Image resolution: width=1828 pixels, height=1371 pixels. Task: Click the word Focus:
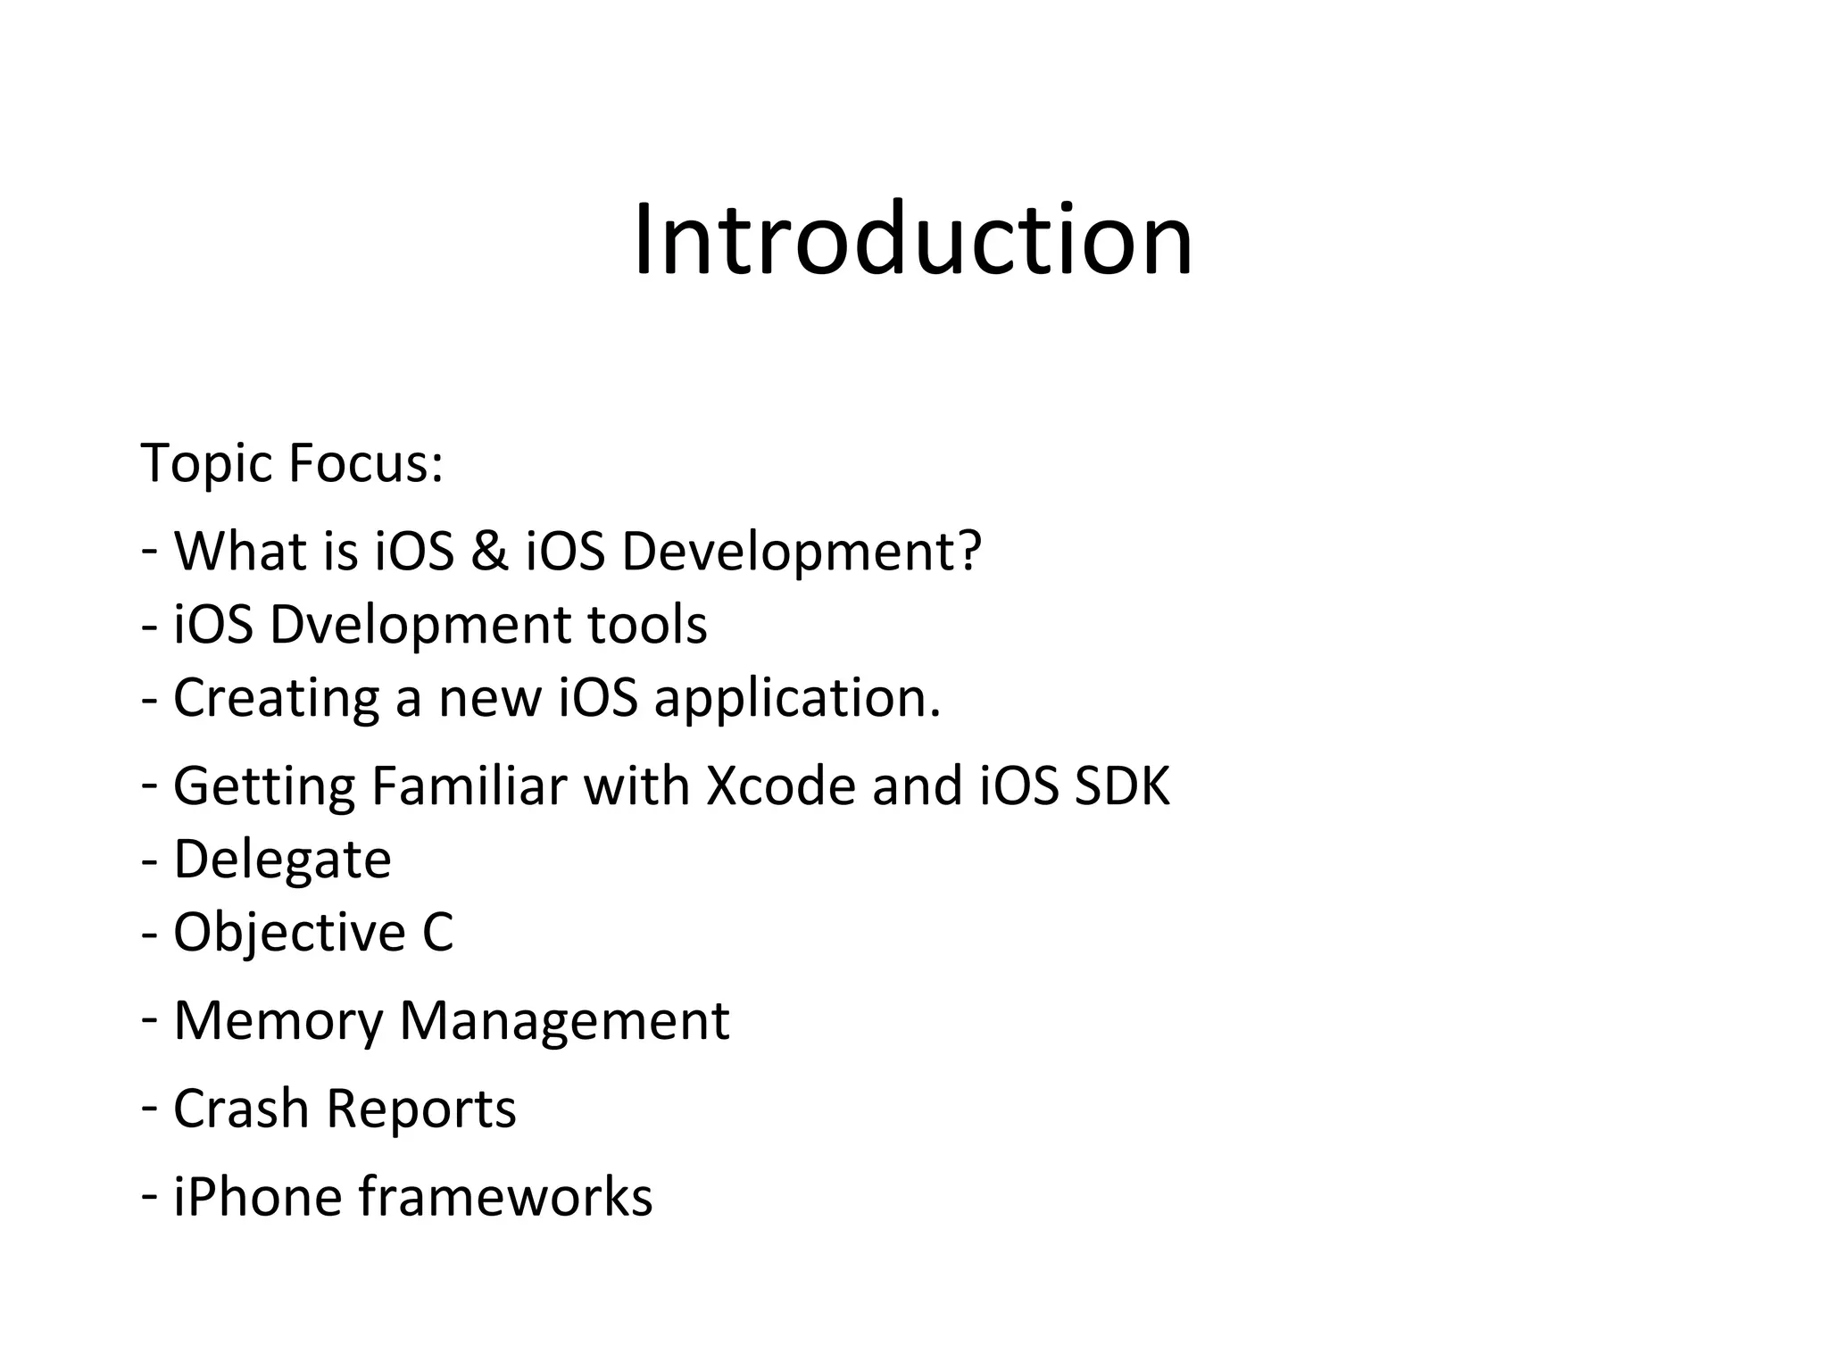[x=366, y=463]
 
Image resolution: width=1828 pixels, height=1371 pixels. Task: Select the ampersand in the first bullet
[x=489, y=551]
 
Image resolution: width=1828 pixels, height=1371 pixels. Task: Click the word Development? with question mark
[x=801, y=553]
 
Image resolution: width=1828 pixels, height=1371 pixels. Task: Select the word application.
[x=797, y=699]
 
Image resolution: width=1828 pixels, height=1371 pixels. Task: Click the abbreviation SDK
[x=1122, y=786]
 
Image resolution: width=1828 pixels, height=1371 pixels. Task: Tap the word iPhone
[x=257, y=1197]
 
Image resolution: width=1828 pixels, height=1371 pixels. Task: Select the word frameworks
[x=505, y=1197]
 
